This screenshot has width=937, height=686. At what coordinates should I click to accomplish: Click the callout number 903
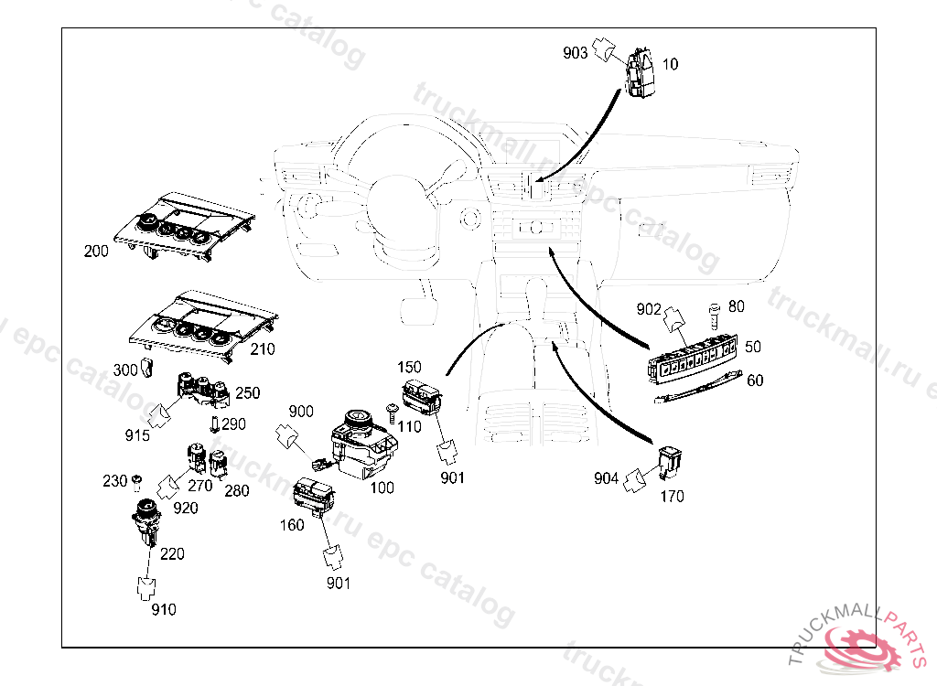pyautogui.click(x=576, y=53)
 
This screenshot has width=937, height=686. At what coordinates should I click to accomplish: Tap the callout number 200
pyautogui.click(x=96, y=251)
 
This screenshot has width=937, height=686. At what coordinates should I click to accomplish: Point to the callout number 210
pyautogui.click(x=262, y=349)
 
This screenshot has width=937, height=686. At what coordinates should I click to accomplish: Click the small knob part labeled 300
pyautogui.click(x=149, y=369)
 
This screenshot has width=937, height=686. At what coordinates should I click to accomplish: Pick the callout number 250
pyautogui.click(x=248, y=393)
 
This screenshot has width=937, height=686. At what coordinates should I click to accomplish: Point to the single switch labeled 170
pyautogui.click(x=672, y=463)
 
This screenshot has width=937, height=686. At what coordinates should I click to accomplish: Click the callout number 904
pyautogui.click(x=606, y=477)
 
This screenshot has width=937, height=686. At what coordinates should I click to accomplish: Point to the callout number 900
pyautogui.click(x=301, y=412)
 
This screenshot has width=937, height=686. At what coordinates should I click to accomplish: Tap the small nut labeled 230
pyautogui.click(x=136, y=480)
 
